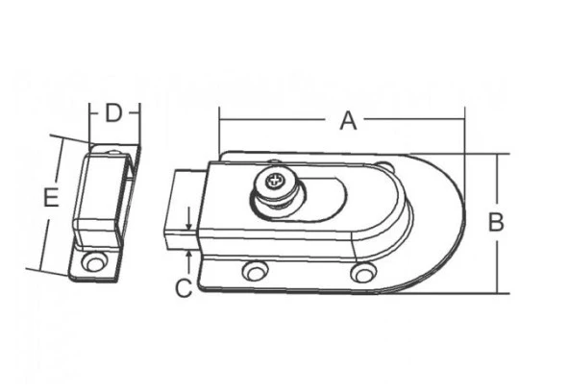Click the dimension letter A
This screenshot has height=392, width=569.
coord(348,121)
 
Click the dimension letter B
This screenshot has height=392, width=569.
coord(496,222)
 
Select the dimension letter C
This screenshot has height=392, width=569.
coord(184,288)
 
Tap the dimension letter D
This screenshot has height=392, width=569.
coord(113,112)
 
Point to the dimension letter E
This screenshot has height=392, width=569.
coord(51,198)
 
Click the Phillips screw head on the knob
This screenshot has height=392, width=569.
coord(272,181)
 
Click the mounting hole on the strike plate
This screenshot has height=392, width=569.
coord(94,262)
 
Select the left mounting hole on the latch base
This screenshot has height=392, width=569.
coord(255,271)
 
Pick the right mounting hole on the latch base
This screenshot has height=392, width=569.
coord(363,272)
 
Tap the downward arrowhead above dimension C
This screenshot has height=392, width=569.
coord(189,225)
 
